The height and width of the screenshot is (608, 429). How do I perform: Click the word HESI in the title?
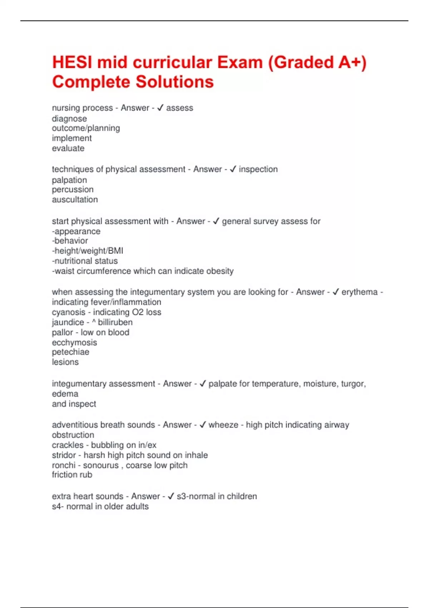[x=72, y=63]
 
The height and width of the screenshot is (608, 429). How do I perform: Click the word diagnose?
[x=69, y=119]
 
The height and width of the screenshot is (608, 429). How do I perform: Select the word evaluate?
[x=68, y=148]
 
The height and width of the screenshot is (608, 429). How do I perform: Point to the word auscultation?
[x=75, y=200]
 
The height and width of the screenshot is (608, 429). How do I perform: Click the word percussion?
[x=73, y=190]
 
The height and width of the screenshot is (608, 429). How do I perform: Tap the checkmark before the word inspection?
[x=233, y=169]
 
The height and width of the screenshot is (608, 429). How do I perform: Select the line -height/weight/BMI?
[x=88, y=251]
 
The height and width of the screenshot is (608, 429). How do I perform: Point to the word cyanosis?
[x=69, y=312]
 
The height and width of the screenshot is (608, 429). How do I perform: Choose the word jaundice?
[x=68, y=322]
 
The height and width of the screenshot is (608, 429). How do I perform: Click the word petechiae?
[x=70, y=352]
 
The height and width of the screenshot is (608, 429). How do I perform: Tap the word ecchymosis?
[x=74, y=343]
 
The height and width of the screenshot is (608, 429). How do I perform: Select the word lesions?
[x=65, y=362]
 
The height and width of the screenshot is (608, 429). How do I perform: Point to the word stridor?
[x=64, y=455]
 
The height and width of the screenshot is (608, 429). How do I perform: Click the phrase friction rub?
[x=72, y=475]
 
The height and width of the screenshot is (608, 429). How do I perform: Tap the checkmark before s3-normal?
[x=171, y=496]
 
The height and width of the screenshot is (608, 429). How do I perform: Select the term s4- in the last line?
[x=58, y=506]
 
